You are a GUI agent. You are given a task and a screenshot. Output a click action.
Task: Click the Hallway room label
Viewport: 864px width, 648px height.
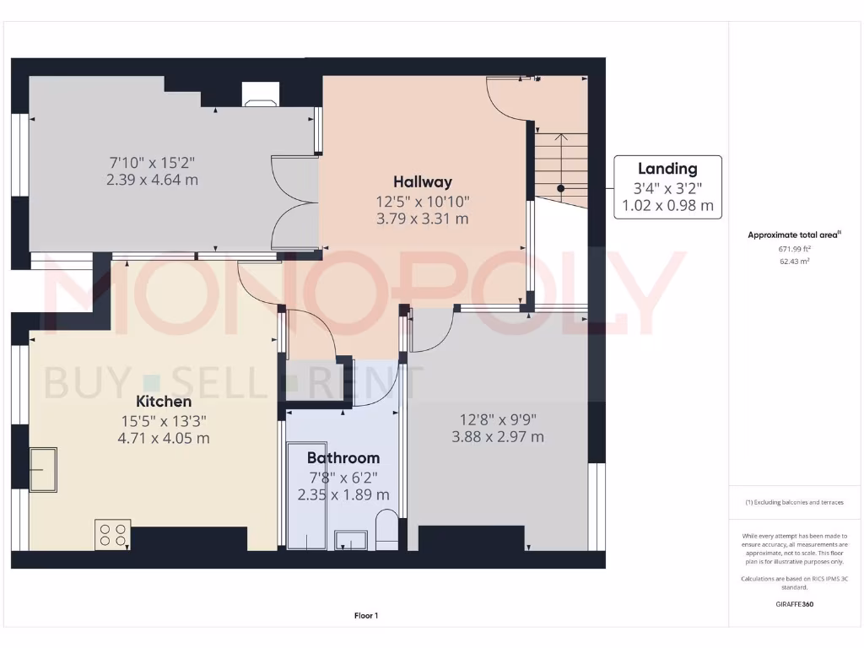point(422,181)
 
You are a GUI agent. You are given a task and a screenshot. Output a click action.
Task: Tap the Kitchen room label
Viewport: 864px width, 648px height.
point(164,401)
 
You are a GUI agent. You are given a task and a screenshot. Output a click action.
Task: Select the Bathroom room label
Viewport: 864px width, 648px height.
point(343,457)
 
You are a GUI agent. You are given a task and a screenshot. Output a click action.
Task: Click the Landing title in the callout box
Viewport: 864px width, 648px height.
point(667,169)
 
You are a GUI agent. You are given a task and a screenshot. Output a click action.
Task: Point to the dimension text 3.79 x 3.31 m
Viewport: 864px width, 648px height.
point(422,219)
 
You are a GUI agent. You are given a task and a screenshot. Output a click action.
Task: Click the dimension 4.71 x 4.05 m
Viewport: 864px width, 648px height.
point(164,438)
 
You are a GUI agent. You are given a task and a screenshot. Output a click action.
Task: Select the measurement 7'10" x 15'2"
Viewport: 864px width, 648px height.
point(152,161)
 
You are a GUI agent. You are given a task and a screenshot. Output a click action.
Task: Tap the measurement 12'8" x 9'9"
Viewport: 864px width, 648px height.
point(497,418)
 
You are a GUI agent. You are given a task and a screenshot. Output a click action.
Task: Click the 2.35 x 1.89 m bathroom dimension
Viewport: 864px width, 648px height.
point(343,494)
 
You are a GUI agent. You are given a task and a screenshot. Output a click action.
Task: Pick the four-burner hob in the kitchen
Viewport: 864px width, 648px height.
point(113,534)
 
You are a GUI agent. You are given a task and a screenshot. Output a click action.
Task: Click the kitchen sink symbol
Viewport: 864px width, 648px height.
point(43,469)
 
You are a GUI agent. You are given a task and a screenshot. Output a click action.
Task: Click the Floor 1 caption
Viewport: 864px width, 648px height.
point(366,616)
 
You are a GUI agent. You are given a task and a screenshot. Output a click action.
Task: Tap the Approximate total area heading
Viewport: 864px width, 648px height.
point(793,235)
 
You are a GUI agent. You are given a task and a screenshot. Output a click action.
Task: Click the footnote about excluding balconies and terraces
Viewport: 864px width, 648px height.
point(793,502)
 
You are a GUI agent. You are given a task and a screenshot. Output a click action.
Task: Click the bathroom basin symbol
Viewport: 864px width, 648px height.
point(350,539)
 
